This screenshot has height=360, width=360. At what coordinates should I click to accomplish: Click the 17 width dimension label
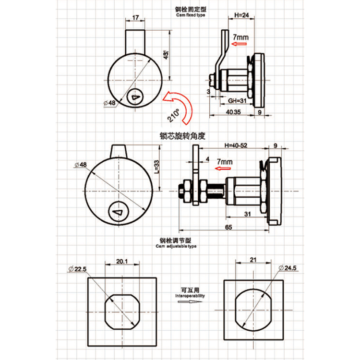tap(134, 18)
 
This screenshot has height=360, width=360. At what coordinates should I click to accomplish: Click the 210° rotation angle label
tap(173, 115)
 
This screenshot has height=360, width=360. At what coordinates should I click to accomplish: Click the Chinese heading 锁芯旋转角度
tap(182, 136)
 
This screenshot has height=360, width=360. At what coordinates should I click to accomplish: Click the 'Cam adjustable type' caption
tap(176, 246)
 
